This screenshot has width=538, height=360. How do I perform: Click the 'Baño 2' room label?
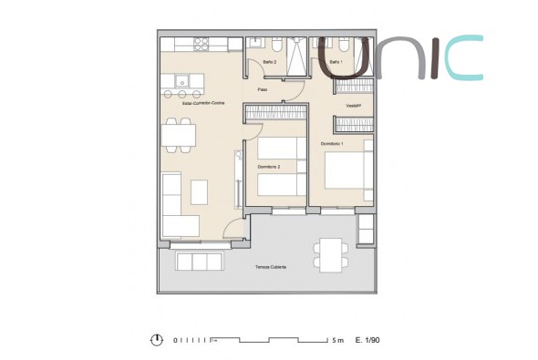pos(269,62)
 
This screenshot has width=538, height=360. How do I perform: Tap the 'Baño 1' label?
pos(336,62)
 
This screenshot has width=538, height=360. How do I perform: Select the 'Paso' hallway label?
pos(262,89)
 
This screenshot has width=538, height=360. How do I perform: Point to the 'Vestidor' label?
pos(354,105)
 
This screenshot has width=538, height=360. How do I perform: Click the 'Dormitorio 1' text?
pos(332,144)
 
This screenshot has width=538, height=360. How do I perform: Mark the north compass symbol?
pos(158,339)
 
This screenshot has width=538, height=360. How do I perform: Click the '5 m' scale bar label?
pos(337,340)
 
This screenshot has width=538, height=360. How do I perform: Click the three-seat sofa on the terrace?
pos(200,262)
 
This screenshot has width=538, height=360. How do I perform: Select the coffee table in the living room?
pos(201,192)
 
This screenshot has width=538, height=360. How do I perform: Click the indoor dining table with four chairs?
pos(178,134)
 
